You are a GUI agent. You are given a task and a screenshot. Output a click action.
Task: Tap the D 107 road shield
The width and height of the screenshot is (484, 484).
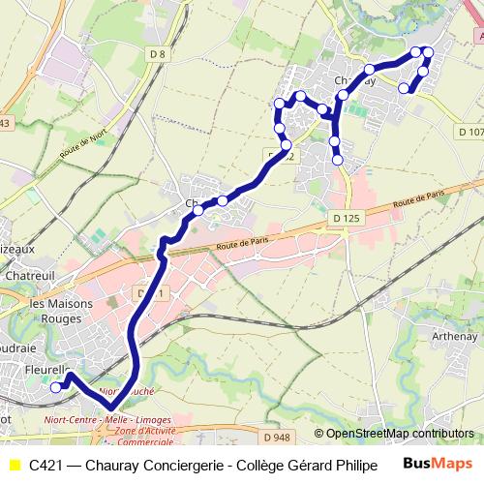click(470, 132)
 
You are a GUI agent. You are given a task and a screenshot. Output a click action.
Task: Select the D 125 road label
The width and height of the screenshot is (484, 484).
click(345, 219)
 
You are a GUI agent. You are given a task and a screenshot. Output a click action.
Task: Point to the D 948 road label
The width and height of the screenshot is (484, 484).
click(276, 438)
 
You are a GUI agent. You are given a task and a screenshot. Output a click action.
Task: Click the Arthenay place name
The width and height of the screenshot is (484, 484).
click(454, 336)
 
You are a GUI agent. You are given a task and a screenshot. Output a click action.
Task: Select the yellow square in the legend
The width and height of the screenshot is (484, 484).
click(15, 466)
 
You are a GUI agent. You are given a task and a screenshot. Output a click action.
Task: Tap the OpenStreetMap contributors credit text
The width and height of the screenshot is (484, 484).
click(400, 434)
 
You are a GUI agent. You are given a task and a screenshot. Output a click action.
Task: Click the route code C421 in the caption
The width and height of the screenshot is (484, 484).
click(47, 466)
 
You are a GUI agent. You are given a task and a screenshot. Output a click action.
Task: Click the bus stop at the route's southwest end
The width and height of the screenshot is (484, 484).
click(55, 387)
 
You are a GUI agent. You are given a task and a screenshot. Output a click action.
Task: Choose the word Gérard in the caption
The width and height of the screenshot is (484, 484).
click(299, 466)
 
